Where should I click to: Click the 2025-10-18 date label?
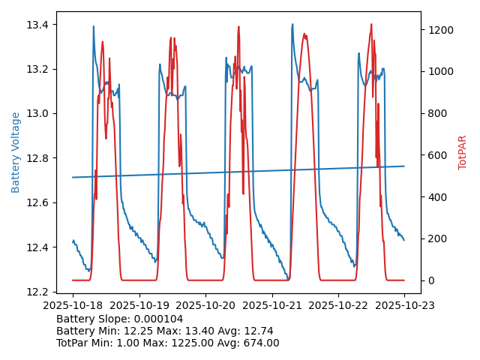click(73, 305)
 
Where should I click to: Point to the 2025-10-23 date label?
click(404, 305)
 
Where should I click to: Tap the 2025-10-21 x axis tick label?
click(271, 305)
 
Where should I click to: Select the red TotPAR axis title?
click(463, 152)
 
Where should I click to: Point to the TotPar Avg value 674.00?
click(256, 343)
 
